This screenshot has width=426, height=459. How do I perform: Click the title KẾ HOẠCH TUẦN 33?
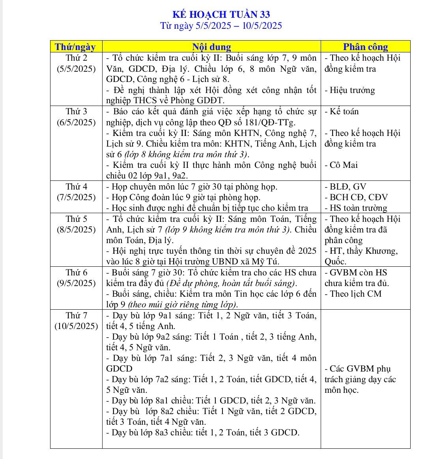pos(221,15)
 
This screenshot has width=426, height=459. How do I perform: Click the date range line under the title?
pos(221,26)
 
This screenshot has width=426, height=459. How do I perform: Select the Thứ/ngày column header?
pos(75,47)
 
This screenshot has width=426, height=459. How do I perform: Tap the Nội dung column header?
pos(211,47)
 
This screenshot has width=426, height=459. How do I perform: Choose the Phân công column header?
pos(365,47)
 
